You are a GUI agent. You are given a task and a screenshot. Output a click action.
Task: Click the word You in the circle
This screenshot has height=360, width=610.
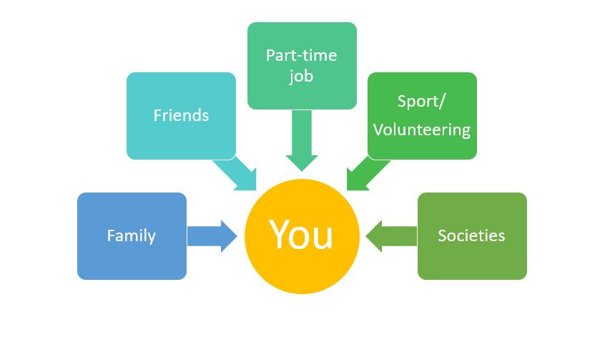tap(301, 234)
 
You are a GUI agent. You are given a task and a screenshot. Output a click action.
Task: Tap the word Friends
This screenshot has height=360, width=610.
tap(181, 115)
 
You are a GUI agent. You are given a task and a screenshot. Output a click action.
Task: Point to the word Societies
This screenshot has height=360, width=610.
tap(471, 235)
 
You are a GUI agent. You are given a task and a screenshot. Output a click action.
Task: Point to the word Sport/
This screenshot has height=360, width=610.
tap(421, 101)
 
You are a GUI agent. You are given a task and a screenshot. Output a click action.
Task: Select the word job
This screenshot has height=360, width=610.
tap(301, 76)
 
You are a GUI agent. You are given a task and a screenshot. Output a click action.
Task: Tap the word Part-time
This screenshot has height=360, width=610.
tap(301, 55)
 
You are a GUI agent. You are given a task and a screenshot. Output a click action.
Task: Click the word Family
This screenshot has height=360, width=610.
tap(132, 235)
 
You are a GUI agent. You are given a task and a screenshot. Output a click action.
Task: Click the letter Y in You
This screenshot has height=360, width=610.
tap(280, 233)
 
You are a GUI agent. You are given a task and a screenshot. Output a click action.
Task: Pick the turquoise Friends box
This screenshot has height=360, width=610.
tap(181, 140)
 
